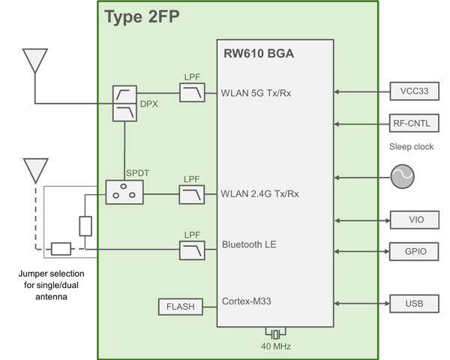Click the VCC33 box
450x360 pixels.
click(409, 91)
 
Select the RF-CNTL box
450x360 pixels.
click(409, 124)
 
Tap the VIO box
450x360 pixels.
click(409, 220)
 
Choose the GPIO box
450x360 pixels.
click(409, 250)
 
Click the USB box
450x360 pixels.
click(409, 303)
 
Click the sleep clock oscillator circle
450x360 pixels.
click(403, 178)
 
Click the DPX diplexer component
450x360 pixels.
click(124, 103)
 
